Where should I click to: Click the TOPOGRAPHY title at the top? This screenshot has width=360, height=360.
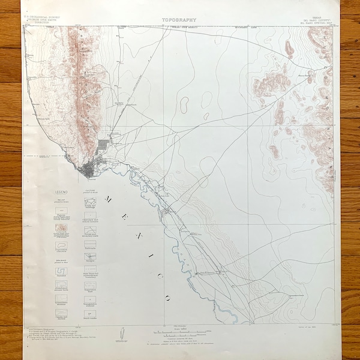(179, 20)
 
